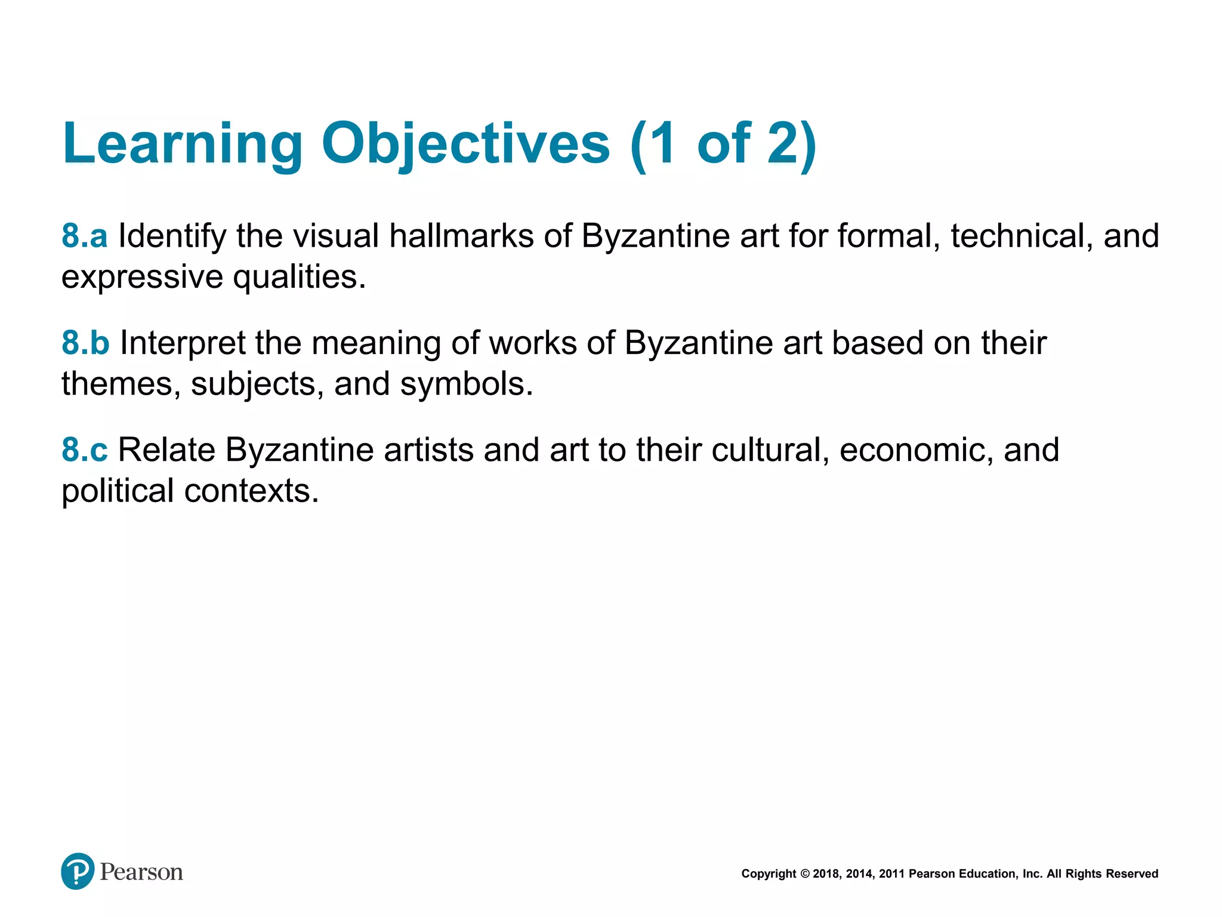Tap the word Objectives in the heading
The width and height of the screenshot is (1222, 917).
[465, 144]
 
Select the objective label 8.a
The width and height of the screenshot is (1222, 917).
[85, 236]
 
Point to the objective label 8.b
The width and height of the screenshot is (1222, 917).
[85, 343]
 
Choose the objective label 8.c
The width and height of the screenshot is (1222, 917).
[85, 450]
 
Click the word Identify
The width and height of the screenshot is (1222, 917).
[172, 236]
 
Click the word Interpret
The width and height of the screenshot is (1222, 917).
[183, 343]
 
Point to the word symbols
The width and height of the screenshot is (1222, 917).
[466, 383]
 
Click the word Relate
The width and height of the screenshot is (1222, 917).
[166, 450]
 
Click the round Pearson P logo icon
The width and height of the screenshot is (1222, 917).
[78, 871]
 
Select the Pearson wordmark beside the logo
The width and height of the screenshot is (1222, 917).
[141, 872]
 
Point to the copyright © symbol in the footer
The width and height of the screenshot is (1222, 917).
[805, 874]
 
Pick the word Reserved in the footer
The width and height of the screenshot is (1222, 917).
[1132, 874]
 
